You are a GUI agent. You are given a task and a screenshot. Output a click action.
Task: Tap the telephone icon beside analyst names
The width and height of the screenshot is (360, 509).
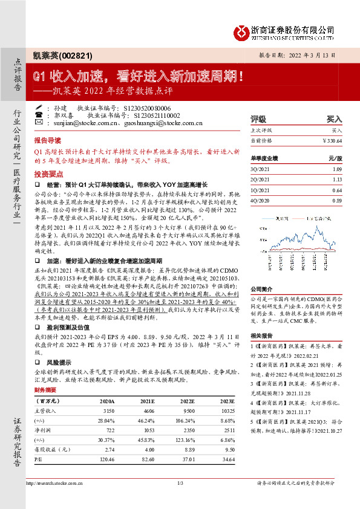[39, 114]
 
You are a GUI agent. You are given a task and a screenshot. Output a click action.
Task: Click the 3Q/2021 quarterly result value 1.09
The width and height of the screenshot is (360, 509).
[336, 169]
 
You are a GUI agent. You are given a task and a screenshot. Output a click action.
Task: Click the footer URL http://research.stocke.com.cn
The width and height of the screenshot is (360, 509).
[57, 483]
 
